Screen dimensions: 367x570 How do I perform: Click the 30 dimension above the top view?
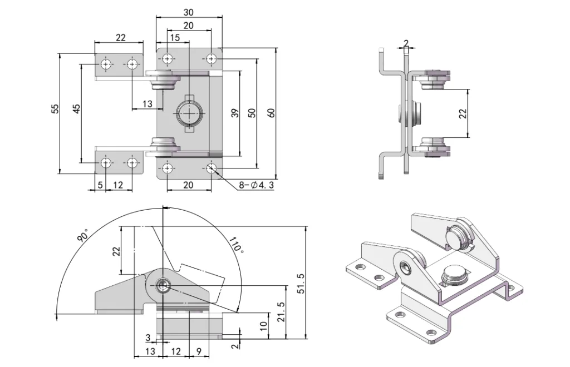coord(189,12)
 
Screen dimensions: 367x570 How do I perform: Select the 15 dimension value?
coord(174,38)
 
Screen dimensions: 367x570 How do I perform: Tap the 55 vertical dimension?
coord(55,109)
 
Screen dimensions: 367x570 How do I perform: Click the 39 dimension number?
coord(234,113)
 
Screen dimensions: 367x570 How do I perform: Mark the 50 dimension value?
coord(252,113)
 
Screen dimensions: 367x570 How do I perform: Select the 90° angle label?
coord(83,236)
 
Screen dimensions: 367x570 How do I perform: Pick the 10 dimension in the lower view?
coord(264,324)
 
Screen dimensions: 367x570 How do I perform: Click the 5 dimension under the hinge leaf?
coord(100,185)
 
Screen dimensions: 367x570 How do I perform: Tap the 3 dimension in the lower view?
coord(148,338)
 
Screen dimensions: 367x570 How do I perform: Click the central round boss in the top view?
coord(189,114)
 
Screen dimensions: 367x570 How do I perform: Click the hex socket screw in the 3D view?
coord(406,268)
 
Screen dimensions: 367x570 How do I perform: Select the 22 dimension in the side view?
coord(463,113)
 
